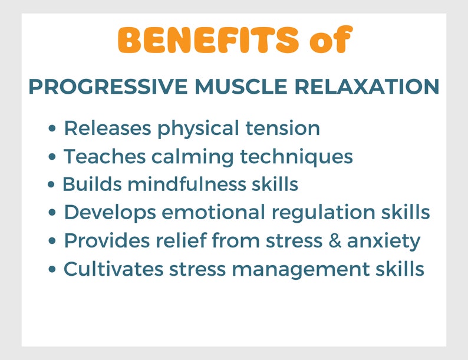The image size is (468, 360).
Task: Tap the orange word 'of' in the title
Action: point(330,40)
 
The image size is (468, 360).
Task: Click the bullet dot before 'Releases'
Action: point(54,128)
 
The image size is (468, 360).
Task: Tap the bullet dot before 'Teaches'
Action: point(54,157)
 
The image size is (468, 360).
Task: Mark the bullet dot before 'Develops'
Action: point(54,213)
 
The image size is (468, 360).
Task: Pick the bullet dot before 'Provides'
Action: point(54,242)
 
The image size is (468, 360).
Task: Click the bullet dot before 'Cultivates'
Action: point(54,270)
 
